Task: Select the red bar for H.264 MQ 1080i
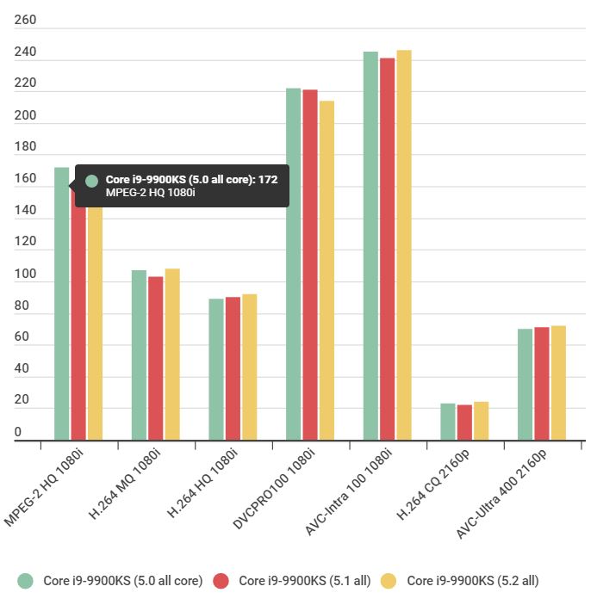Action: click(155, 358)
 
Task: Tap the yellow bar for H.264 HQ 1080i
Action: click(249, 367)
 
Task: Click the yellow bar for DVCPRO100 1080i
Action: click(326, 271)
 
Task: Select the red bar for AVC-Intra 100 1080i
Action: click(388, 250)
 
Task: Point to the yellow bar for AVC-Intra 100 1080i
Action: click(404, 245)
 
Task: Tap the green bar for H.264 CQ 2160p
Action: click(448, 422)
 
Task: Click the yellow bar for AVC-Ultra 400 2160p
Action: click(558, 383)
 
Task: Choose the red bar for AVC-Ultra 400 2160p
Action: click(542, 384)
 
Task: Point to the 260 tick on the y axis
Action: click(26, 21)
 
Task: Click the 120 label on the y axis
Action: click(26, 242)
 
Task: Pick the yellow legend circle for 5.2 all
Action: click(391, 581)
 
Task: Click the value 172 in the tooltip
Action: click(268, 180)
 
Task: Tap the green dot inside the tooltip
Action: click(91, 181)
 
